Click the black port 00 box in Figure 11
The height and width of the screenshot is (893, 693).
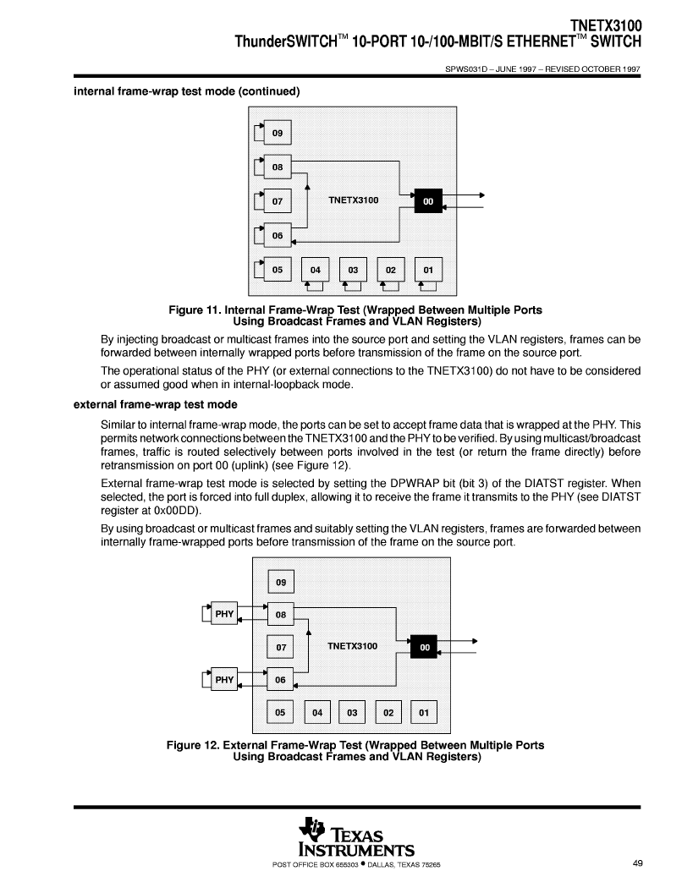coord(428,200)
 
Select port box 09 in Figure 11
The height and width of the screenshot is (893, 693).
coord(278,133)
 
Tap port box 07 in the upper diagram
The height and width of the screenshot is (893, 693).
coord(278,201)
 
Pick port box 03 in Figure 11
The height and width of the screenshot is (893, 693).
coord(354,270)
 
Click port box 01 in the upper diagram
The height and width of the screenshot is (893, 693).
coord(428,270)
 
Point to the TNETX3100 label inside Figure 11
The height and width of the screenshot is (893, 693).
coord(354,200)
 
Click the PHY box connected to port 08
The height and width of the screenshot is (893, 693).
coord(224,614)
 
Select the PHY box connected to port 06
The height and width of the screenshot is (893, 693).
coord(224,679)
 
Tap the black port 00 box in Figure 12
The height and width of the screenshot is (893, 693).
coord(424,647)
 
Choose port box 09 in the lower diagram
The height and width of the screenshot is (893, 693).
coord(281,582)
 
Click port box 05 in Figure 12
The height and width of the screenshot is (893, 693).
coord(280,712)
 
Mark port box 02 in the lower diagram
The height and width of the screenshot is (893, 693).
coord(388,713)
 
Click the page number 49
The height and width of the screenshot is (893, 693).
coord(638,863)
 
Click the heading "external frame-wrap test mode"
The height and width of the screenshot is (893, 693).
coord(156,404)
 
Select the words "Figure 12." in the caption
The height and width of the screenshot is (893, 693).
coord(193,745)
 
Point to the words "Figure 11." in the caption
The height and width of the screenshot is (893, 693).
coord(195,310)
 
